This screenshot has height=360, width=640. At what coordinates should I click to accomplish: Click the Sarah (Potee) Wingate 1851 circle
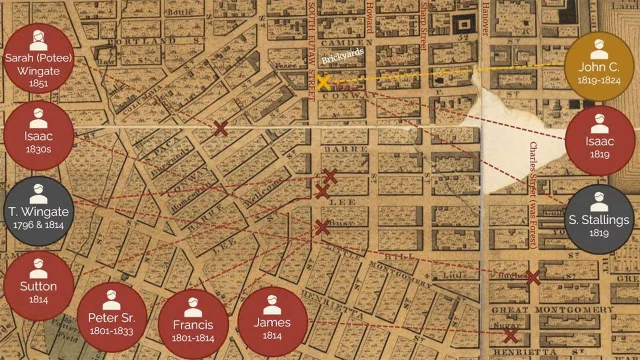coord(38,58)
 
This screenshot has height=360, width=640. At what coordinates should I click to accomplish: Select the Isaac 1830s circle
coord(38,135)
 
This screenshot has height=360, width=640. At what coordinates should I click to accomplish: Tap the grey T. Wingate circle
coord(38,210)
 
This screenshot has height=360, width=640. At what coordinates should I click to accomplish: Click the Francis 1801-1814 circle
coord(193,324)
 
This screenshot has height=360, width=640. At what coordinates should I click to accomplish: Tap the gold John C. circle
coord(599,66)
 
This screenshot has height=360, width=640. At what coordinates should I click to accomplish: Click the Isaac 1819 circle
coord(599,140)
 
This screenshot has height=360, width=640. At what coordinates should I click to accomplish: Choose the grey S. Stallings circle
coord(599,219)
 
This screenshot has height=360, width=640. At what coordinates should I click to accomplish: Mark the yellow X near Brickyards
coord(324,82)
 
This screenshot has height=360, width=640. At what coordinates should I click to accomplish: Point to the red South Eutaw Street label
coord(312,45)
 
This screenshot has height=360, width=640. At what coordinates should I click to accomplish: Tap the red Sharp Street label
coord(423,26)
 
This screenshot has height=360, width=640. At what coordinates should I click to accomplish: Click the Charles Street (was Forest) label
coord(533,195)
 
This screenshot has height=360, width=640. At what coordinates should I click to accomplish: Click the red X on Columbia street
coord(220,128)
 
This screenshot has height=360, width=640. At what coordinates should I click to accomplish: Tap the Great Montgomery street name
coord(552,309)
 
